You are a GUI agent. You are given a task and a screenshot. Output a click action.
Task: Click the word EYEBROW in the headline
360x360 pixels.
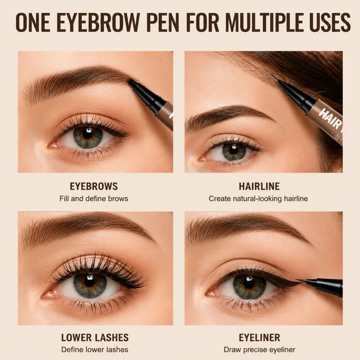[98, 22]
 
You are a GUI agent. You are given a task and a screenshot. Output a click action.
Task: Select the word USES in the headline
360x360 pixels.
[330, 22]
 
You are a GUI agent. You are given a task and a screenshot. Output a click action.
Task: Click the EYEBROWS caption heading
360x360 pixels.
[94, 186]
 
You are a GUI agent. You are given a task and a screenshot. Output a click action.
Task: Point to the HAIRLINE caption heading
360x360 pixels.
[259, 186]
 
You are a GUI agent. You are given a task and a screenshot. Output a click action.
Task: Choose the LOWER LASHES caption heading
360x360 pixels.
[95, 338]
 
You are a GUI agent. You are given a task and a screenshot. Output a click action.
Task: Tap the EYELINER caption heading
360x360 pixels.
[259, 338]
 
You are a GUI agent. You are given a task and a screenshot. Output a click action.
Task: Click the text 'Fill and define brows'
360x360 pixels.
[94, 198]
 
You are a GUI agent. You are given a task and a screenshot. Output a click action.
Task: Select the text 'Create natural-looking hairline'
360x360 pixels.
[258, 199]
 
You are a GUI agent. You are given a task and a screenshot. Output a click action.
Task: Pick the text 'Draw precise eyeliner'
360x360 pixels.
[259, 350]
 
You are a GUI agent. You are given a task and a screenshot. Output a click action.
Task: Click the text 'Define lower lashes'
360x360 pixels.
[95, 350]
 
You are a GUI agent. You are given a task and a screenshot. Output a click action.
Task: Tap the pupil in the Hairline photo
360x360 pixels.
[234, 150]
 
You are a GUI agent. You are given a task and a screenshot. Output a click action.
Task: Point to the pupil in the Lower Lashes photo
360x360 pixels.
[90, 282]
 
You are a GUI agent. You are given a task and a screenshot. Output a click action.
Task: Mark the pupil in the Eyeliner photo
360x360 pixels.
[249, 283]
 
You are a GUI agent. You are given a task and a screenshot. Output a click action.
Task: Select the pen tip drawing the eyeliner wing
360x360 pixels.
[301, 280]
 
